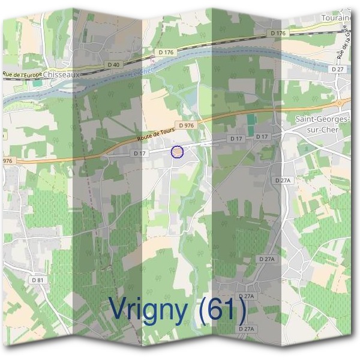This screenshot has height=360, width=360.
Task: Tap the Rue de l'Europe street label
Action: pyautogui.click(x=23, y=75)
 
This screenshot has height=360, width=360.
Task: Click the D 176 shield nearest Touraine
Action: pyautogui.click(x=278, y=33)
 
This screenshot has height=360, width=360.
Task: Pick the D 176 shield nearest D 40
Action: pyautogui.click(x=166, y=53)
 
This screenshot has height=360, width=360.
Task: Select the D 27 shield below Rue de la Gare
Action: pyautogui.click(x=338, y=70)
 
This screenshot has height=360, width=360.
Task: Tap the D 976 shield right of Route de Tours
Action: pyautogui.click(x=186, y=125)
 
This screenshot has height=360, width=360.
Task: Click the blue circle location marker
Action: pyautogui.click(x=177, y=152)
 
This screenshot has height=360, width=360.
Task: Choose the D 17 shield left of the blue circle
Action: pyautogui.click(x=139, y=154)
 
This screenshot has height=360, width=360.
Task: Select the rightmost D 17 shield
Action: pyautogui.click(x=262, y=137)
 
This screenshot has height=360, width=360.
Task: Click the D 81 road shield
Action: pyautogui.click(x=38, y=280)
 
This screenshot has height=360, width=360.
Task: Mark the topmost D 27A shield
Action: pyautogui.click(x=282, y=180)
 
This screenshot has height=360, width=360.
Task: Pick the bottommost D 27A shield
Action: pyautogui.click(x=247, y=329)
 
